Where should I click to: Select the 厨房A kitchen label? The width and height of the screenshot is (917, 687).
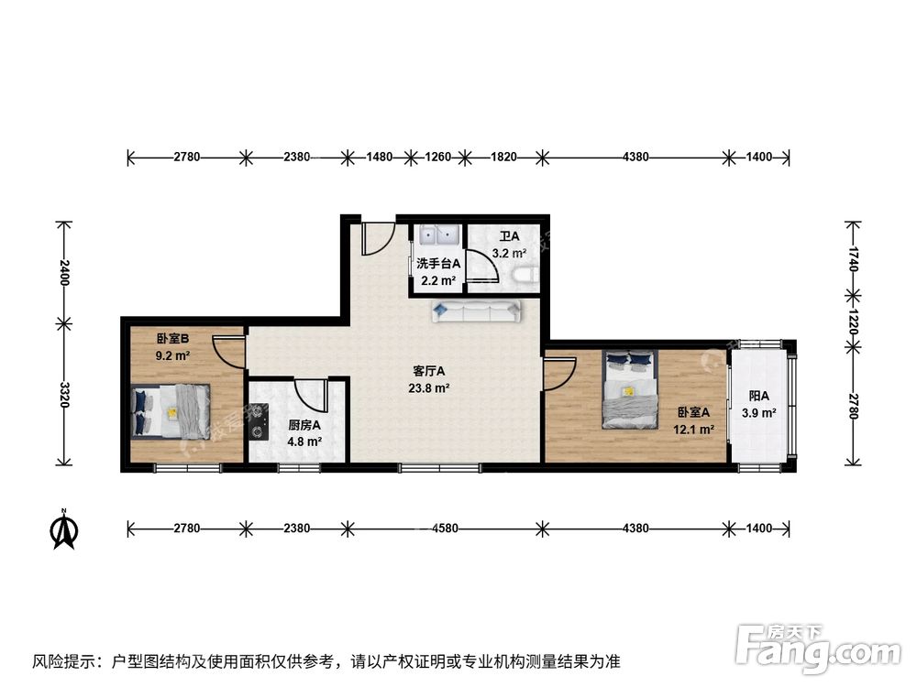pos(304,425)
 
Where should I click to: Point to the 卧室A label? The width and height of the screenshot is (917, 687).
pos(694,412)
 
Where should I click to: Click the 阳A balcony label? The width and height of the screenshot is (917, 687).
pos(758,397)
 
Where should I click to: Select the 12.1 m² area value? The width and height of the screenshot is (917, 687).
pos(694,428)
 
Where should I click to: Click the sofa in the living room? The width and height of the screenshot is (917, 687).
pos(476,311)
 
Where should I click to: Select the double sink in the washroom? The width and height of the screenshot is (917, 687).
pos(436,235)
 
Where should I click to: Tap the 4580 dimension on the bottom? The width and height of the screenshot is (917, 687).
pos(443,529)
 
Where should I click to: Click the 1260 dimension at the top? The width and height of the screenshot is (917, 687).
pos(438,157)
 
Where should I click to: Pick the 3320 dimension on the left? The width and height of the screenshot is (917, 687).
pos(63,394)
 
